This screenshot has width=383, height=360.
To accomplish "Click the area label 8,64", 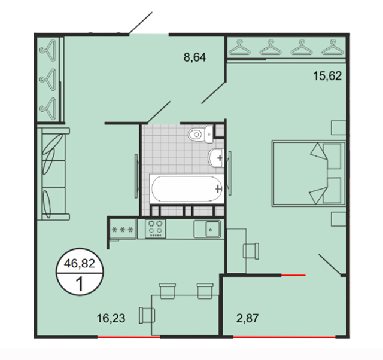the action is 194,57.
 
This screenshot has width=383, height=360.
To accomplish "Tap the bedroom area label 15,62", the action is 327,76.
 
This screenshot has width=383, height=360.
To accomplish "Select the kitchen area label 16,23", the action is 111,318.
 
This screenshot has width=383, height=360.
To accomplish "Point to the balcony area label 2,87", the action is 247,318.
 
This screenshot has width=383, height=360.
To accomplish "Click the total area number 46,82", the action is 80,263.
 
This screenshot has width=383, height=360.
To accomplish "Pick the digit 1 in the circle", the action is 80,284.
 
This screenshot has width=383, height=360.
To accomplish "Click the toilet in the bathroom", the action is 200,134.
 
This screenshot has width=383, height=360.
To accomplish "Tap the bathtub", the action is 187,188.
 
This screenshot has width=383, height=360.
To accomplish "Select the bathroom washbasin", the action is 216,158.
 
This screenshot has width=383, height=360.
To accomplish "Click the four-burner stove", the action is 156,229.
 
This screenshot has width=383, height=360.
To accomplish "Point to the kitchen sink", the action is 208,229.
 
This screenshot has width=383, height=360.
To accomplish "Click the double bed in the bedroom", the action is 309,173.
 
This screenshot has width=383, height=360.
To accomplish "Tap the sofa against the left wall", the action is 53,174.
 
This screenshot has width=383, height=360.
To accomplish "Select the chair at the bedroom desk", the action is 251,251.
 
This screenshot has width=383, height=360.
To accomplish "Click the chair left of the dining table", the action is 147,315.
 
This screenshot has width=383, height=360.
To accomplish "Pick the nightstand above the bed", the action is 339,127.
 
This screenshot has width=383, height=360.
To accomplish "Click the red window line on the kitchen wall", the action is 129,337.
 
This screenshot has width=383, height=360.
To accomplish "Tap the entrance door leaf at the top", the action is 141,23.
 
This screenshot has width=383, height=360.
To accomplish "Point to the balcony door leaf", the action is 330,265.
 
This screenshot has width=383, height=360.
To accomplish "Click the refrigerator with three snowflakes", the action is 123,230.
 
